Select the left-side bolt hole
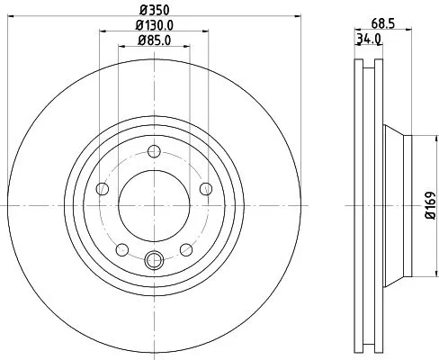(x=102, y=188)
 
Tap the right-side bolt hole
(x=205, y=188)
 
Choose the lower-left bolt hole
(x=121, y=249)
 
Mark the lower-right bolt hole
(x=185, y=249)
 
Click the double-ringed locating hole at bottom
(x=153, y=262)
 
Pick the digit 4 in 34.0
(x=366, y=40)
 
